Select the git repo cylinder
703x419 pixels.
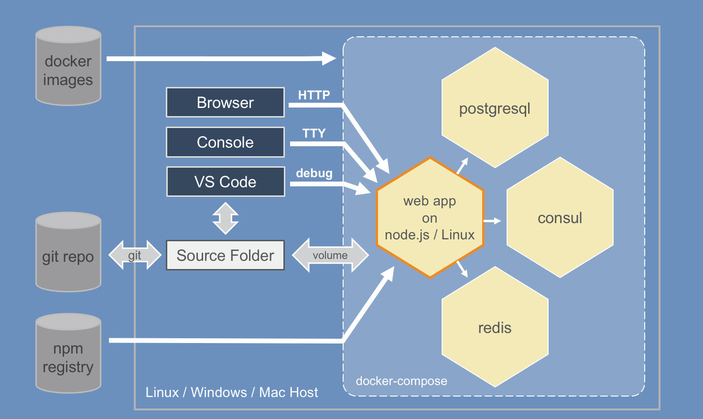coord(68,252)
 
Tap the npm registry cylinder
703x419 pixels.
coord(68,354)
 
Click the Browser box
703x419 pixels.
coord(225,102)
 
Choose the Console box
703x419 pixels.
coord(225,142)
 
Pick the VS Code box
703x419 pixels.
coord(225,182)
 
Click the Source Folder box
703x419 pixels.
coord(225,255)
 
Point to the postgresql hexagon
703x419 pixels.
coord(495,108)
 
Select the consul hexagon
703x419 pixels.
coord(560,218)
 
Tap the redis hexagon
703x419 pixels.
coord(495,327)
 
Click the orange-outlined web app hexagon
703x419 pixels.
coord(430,218)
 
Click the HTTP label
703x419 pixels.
coord(314,95)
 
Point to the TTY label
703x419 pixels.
coord(314,133)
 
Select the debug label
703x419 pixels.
coord(314,173)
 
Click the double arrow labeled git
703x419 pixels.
coord(135,255)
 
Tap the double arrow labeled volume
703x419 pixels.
coord(330,255)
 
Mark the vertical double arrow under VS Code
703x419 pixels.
coord(226,218)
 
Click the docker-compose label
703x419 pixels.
coord(401,381)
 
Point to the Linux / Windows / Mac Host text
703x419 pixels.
coord(232,392)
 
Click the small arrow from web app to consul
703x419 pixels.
coord(492,221)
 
